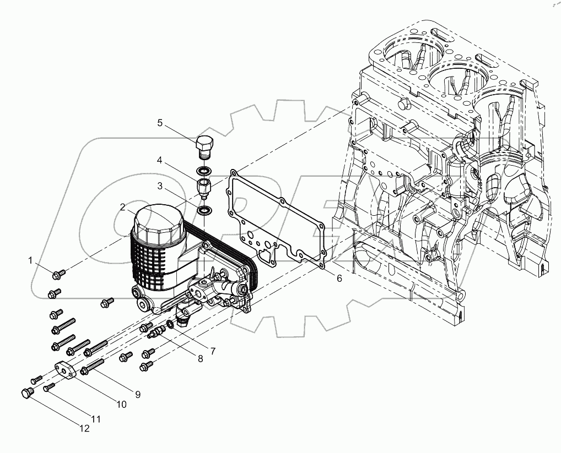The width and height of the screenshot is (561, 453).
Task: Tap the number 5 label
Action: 160,123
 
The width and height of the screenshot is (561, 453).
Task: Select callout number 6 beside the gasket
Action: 339,279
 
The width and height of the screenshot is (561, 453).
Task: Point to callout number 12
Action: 84,429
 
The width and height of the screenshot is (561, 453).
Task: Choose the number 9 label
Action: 137,394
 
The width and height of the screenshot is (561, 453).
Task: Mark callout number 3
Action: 160,186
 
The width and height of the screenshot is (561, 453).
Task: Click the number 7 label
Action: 212,350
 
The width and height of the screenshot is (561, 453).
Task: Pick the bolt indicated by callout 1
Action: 58,272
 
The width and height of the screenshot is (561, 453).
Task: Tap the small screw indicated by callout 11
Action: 48,388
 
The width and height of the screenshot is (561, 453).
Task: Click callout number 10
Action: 121,404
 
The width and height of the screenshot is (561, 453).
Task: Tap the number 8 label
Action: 200,358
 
